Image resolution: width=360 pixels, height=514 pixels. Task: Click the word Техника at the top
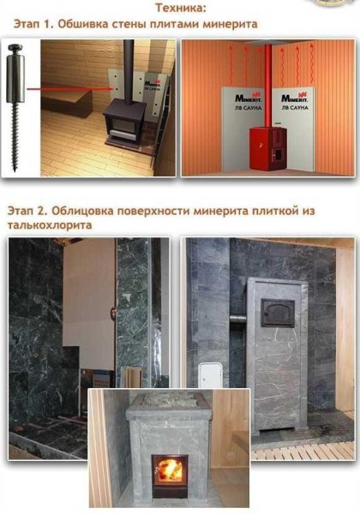coord(180,8)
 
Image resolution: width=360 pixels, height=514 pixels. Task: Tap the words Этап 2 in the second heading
coord(27,210)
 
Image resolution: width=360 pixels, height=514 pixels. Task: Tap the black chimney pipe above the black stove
coord(128,69)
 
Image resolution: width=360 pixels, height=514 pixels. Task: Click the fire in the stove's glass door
coord(170,470)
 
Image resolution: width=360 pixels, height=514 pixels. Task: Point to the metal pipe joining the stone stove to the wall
coord(240,320)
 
